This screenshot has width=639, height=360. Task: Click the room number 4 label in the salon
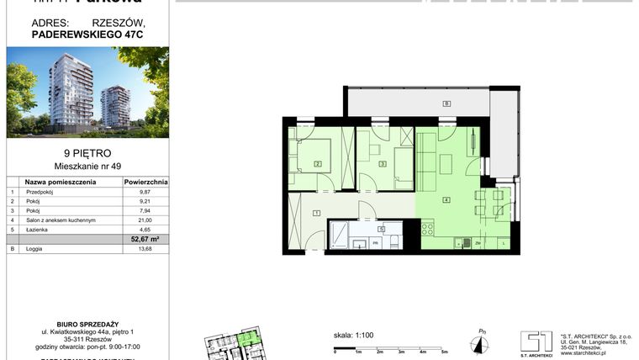tap(446, 199)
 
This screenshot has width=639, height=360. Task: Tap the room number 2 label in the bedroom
tap(318, 164)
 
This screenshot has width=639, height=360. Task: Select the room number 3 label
tap(383, 164)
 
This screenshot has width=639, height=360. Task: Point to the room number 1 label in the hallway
tap(316, 213)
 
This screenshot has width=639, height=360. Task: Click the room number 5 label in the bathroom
tap(381, 228)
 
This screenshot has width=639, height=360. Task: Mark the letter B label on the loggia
tap(447, 103)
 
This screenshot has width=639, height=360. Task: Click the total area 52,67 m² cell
tap(145, 239)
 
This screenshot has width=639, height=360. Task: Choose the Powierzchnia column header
tap(145, 181)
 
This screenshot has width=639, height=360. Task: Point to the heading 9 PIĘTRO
tap(87, 153)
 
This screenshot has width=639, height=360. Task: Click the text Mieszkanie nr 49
tap(87, 167)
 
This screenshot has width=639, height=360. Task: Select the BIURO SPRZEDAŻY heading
tap(87, 320)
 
